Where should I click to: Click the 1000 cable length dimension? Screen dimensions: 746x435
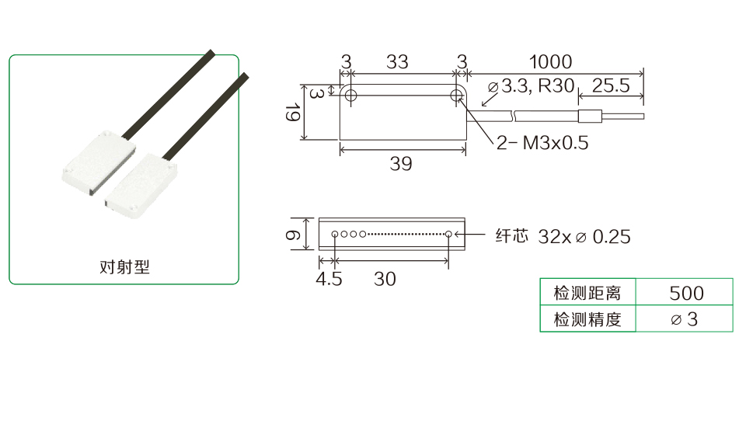pos(550,62)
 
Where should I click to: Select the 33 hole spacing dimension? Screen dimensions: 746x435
pos(397,62)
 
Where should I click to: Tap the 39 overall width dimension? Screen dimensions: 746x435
pos(401,164)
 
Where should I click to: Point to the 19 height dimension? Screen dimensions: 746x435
pos(293,113)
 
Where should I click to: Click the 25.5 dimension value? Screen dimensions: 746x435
pos(611,85)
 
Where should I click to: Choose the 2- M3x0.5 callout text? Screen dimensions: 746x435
pos(542,143)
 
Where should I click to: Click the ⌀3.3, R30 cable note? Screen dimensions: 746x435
pos(532,86)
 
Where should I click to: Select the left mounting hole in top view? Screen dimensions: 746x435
pos(350,95)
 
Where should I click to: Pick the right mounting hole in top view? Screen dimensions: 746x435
pos(456,95)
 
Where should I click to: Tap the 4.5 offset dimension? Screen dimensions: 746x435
pos(329,279)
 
